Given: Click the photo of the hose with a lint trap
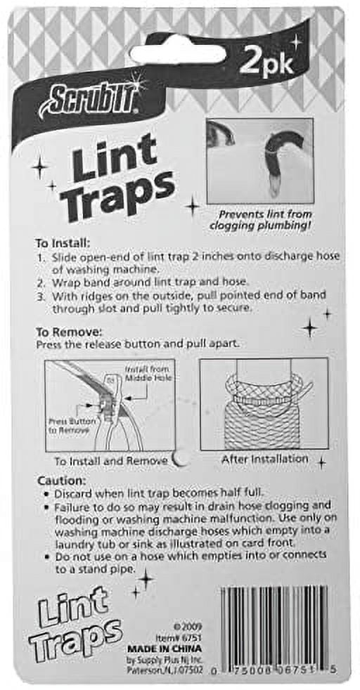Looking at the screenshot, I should tap(259, 161).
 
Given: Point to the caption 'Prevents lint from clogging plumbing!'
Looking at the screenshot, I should tap(261, 219).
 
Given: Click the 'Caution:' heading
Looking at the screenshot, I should tap(58, 480).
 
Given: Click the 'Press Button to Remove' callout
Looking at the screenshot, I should tap(68, 425).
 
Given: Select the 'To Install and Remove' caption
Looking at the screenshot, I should tap(110, 461).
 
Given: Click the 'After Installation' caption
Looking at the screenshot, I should tap(264, 459).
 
